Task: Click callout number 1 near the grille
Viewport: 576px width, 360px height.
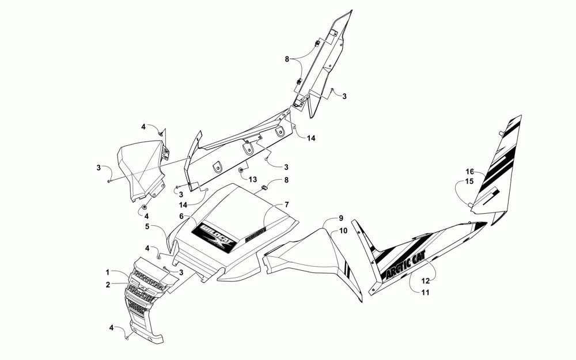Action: point(107,271)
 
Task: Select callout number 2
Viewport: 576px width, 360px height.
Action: point(107,284)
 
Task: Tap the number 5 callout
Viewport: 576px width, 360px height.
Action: point(147,227)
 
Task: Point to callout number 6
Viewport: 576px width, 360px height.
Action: point(181,216)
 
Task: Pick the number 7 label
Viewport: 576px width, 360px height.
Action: point(285,205)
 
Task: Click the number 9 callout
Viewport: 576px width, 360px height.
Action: point(340,218)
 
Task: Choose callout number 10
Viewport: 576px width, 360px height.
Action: point(343,230)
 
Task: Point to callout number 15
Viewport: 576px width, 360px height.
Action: point(469,181)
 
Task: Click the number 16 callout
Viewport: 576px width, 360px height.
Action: point(469,172)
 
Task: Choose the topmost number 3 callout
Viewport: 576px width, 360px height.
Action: point(344,96)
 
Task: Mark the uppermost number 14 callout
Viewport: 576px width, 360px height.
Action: point(311,138)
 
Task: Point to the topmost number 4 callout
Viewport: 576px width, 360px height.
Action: point(144,126)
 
